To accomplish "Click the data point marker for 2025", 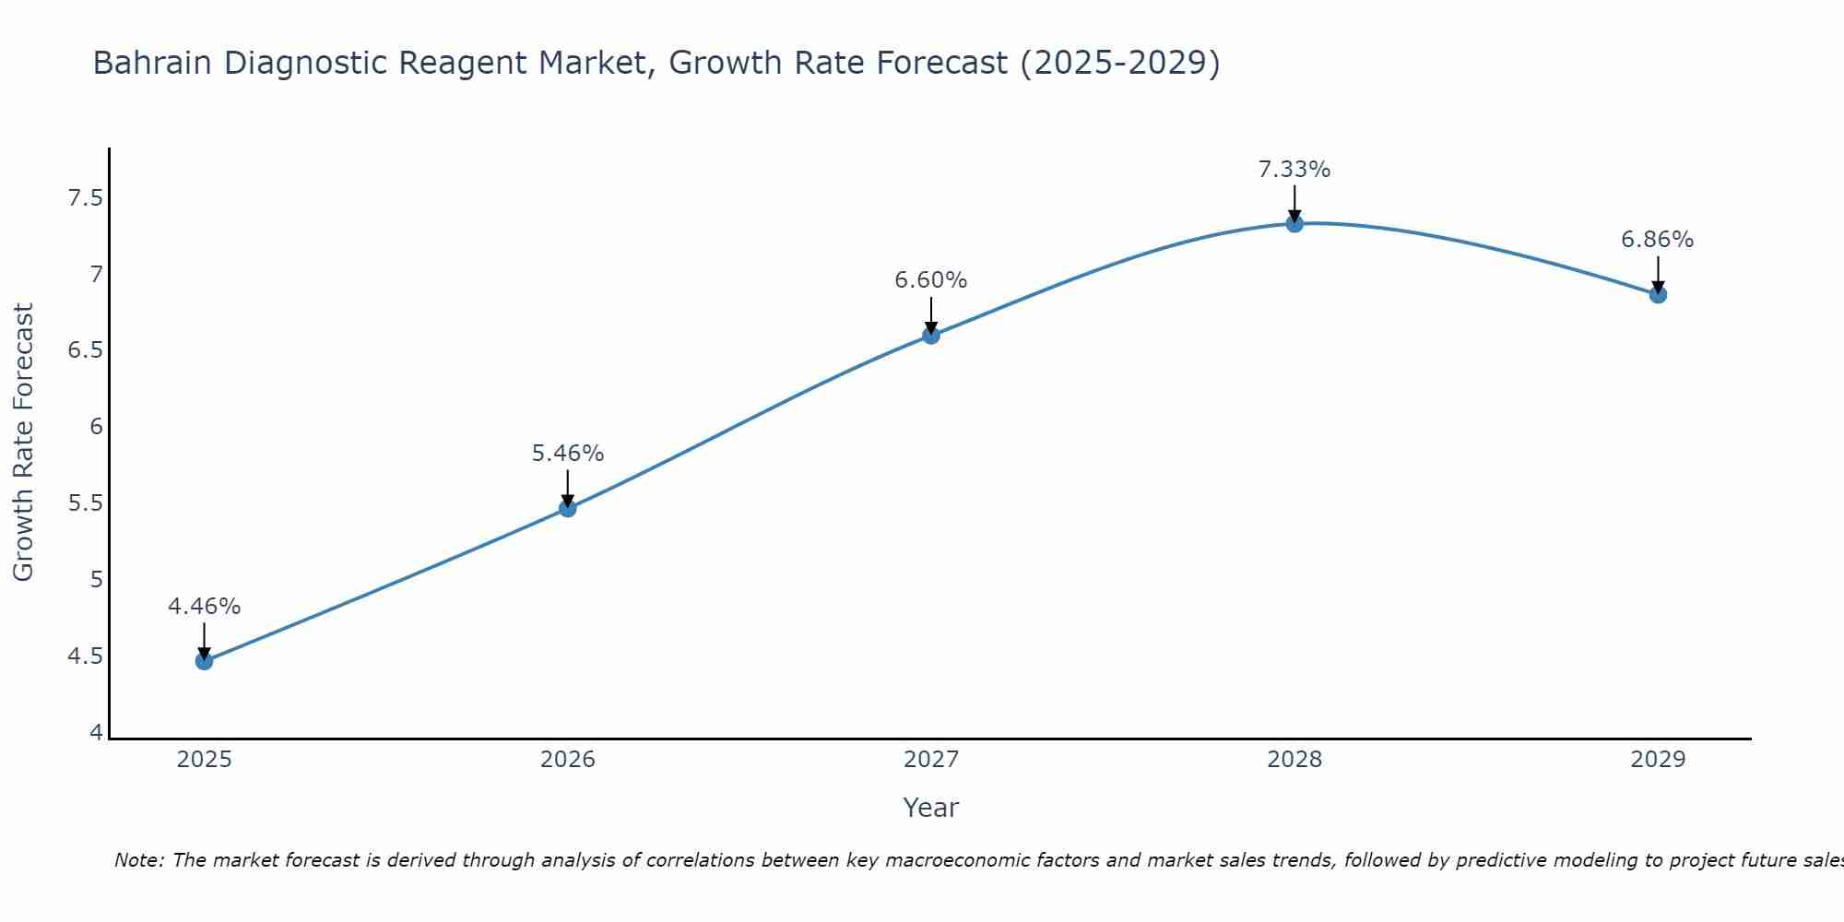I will tap(204, 661).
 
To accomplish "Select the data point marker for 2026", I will tap(567, 508).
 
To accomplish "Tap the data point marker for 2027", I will tap(931, 335).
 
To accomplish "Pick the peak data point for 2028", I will tap(1294, 223).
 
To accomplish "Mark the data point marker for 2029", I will tap(1658, 295).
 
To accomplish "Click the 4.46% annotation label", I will tap(204, 607).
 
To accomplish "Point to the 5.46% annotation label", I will tap(567, 454).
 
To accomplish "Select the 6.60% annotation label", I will tap(931, 280).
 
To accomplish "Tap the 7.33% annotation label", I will tap(1294, 170).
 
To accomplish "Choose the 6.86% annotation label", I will tap(1658, 240).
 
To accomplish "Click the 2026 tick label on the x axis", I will tap(567, 760).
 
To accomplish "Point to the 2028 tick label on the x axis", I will tap(1294, 760).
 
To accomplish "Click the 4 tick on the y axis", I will tap(96, 733).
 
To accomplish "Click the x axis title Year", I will tap(931, 808).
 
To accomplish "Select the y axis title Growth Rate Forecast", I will tap(23, 443).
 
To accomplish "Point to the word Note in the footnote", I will tap(138, 860).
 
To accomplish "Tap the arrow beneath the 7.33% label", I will tap(1294, 203).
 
